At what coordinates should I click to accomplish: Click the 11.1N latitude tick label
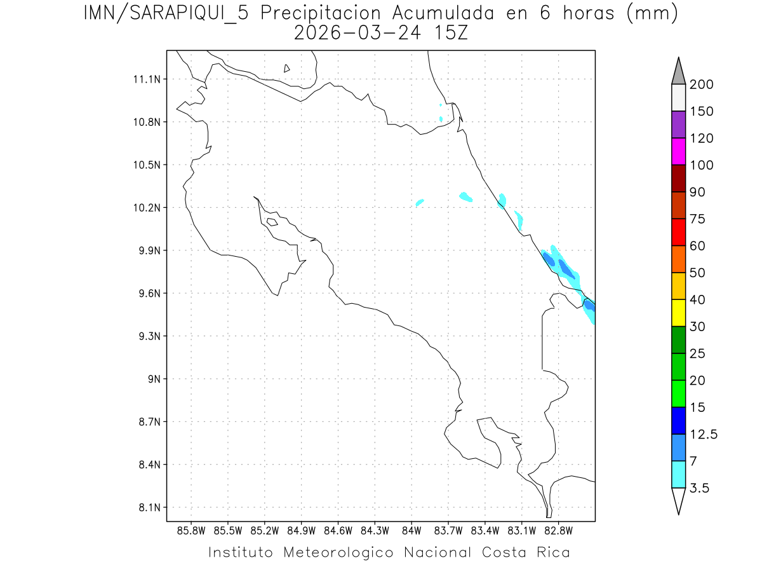coord(144,79)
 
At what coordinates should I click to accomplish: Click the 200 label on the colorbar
coord(702,85)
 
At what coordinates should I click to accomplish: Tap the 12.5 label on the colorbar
coord(704,434)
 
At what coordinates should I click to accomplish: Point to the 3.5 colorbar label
coord(699,488)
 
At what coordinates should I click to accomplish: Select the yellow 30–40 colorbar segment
coord(678,313)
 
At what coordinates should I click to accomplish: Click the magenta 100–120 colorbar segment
coord(678,151)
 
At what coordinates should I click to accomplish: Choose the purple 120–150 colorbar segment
coord(678,125)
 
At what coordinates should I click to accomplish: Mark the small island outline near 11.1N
coord(287,68)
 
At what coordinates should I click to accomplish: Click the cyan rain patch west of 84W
coord(420,203)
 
